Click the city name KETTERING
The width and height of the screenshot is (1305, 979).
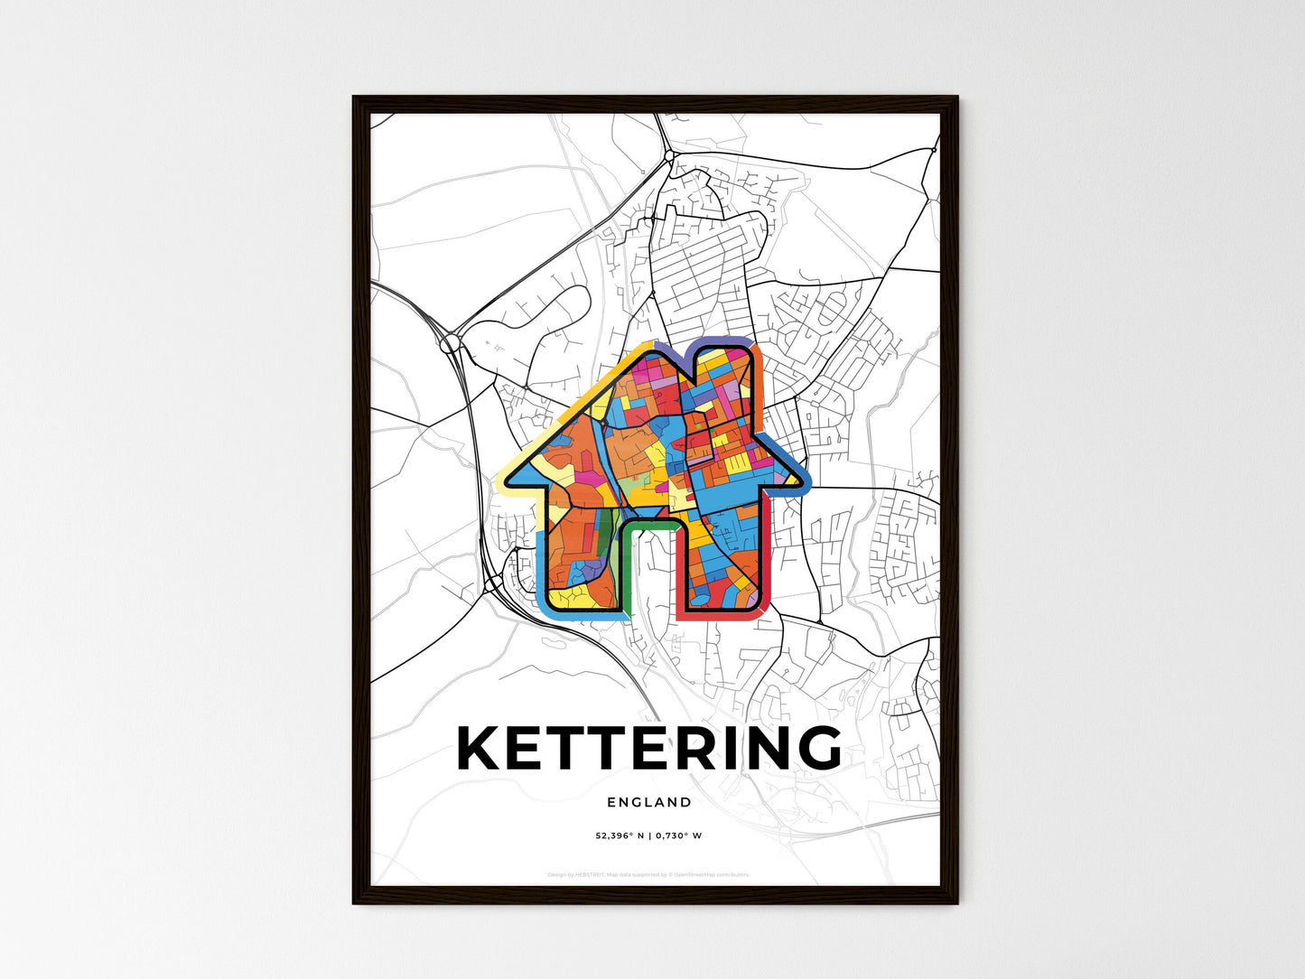[x=649, y=749]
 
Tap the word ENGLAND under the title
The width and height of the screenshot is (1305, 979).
[x=649, y=802]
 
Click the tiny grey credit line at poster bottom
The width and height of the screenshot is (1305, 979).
[x=649, y=874]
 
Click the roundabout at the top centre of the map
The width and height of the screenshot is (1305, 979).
[x=668, y=156]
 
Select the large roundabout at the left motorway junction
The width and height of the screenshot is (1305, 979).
[x=449, y=342]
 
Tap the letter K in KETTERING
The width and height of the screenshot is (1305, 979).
[x=480, y=749]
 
